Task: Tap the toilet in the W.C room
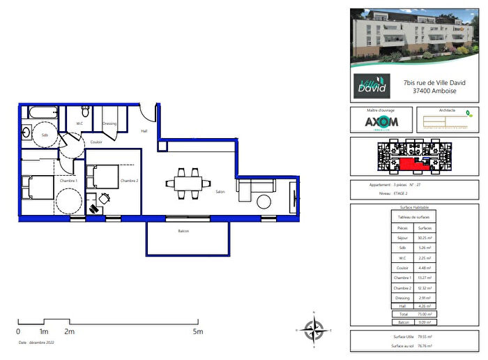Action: point(84,112)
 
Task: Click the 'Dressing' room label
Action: point(109,123)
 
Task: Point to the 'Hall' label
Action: point(144,130)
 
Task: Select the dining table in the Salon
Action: point(185,183)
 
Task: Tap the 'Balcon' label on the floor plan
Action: point(184,231)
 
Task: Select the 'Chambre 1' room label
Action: point(68,181)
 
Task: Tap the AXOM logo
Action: point(379,122)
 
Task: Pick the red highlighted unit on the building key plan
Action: point(411,164)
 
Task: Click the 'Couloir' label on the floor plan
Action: point(96,142)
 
